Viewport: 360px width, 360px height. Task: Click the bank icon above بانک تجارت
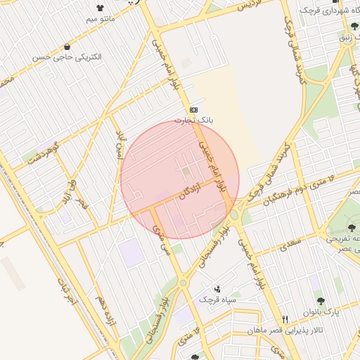pos(193,110)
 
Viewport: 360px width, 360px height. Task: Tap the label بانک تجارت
pos(194,121)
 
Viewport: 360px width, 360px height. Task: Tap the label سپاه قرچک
pos(214,300)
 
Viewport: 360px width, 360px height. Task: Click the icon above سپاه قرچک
pos(217,288)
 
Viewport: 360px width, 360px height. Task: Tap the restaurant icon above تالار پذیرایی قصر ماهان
pos(285,319)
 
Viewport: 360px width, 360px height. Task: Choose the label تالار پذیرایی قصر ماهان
pos(296,329)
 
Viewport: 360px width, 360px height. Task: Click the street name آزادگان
pos(187,191)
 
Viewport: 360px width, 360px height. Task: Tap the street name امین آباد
pos(120,146)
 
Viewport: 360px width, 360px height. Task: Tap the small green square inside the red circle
pos(186,172)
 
